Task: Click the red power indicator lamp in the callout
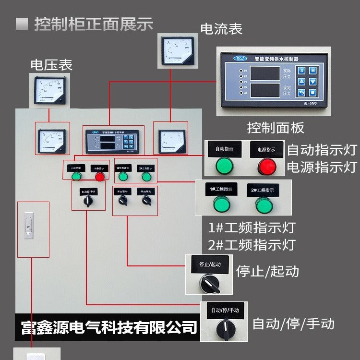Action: pos(267,166)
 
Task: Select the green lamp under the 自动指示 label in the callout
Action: pos(224,166)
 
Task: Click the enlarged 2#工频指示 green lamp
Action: pos(264,205)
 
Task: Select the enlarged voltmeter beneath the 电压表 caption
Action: pos(49,91)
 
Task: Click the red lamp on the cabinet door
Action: pos(99,177)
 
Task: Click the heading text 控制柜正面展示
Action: pos(93,24)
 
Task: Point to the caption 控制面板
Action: pos(276,128)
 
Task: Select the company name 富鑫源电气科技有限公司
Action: pos(109,327)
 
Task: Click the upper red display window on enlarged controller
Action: pos(265,73)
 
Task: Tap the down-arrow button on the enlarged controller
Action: pos(312,82)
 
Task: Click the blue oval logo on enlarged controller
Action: pos(239,58)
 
